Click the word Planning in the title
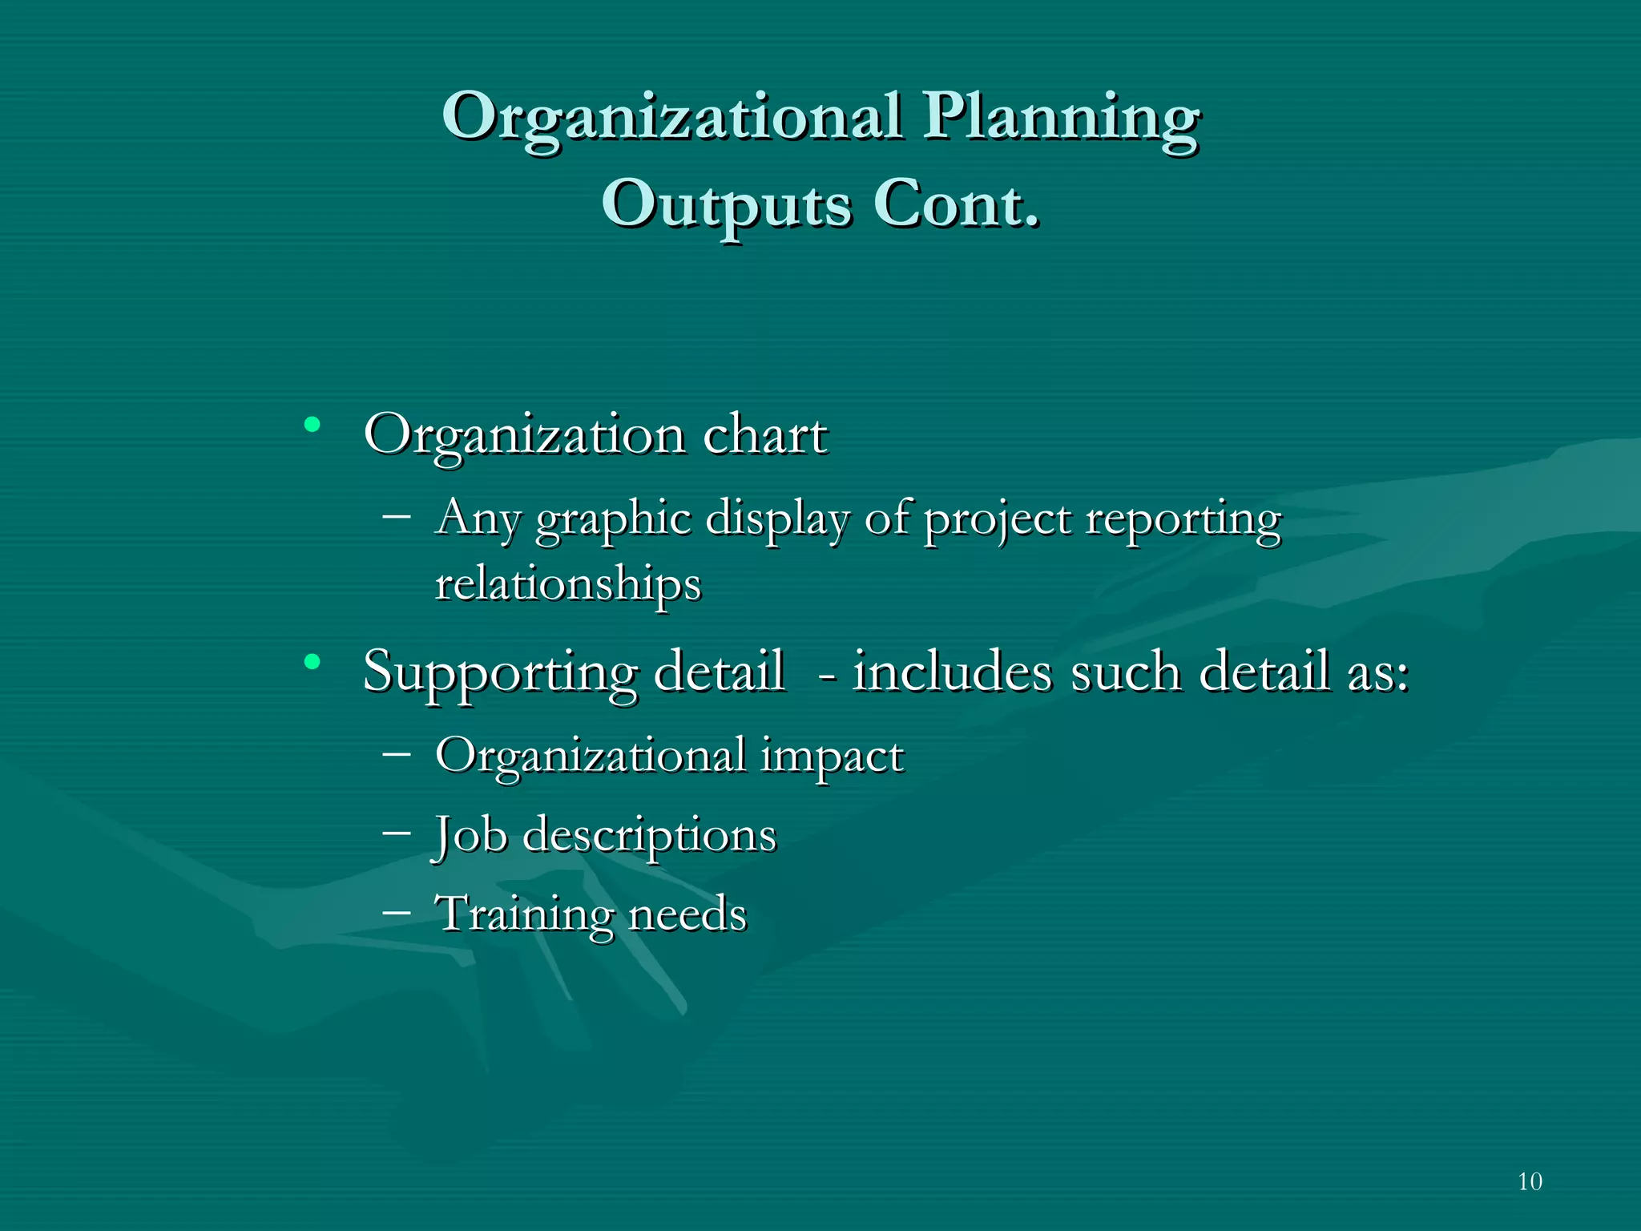point(1061,118)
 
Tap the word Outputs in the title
point(726,205)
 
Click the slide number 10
point(1530,1181)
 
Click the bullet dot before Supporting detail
point(312,661)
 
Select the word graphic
point(613,520)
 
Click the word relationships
point(567,584)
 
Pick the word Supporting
point(500,672)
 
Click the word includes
point(951,671)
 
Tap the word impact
point(832,757)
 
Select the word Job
point(470,836)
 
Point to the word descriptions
point(649,836)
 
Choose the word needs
point(687,914)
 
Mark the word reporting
point(1183,520)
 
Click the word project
point(997,520)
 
